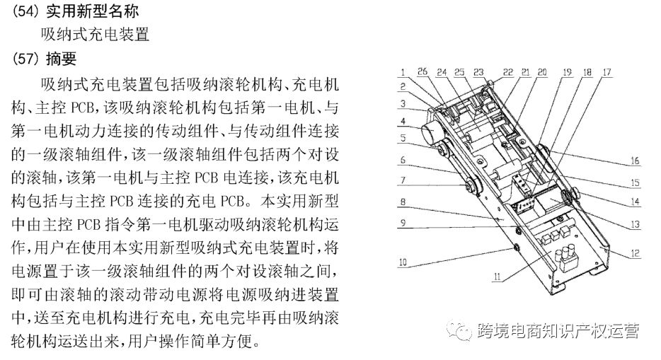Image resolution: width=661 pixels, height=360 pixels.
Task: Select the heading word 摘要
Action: point(61,59)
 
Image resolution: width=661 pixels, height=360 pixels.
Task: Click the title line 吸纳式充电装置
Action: point(96,34)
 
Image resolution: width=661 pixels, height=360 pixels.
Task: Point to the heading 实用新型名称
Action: point(92,11)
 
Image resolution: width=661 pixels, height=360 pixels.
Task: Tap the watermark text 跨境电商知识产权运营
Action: point(558,331)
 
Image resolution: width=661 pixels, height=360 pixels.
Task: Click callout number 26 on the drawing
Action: point(423,71)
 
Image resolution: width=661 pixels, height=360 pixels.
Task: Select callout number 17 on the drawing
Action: point(607,72)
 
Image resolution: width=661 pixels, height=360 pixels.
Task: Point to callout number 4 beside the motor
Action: point(403,121)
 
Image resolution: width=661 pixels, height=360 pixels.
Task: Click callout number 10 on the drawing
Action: point(403,262)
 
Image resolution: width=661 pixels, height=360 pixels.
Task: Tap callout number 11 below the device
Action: point(497,277)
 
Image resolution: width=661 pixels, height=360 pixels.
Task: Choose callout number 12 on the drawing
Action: point(635,253)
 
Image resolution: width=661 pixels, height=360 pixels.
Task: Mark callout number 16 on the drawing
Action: point(635,161)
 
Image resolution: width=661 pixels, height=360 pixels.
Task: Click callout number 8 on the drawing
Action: point(403,202)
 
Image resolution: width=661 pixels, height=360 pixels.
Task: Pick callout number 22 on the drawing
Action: point(508,72)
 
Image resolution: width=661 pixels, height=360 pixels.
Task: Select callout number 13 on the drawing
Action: point(635,224)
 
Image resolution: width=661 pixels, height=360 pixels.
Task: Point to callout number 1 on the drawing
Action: point(403,72)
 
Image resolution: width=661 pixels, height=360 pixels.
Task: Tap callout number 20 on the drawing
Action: point(542,72)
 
